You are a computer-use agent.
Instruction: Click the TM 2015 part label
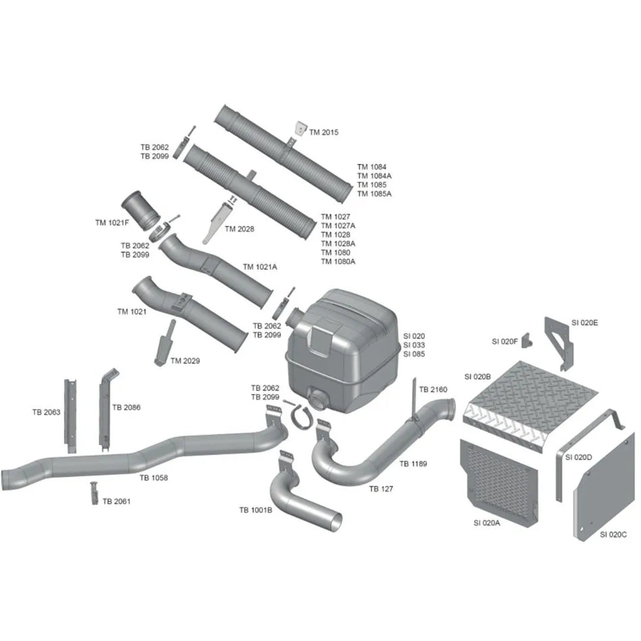[324, 132]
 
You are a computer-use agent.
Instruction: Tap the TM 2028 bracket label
[240, 229]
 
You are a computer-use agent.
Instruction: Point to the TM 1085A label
[374, 194]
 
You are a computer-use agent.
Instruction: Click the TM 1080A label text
[338, 262]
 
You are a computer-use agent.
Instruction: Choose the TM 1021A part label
[260, 267]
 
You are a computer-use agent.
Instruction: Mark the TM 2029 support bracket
[165, 343]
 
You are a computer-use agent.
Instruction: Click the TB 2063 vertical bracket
[70, 416]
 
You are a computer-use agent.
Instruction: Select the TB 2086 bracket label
[126, 408]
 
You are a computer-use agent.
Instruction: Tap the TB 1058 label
[154, 478]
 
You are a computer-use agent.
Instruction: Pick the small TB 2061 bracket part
[94, 493]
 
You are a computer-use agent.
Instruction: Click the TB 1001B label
[256, 510]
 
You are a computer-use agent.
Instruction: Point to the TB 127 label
[381, 489]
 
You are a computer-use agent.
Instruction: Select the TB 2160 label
[433, 389]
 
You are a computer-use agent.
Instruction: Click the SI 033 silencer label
[414, 345]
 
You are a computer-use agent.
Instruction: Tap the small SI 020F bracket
[528, 341]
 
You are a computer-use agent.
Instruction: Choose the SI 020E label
[584, 323]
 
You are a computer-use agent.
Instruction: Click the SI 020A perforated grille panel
[499, 483]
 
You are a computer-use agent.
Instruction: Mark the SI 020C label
[613, 534]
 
